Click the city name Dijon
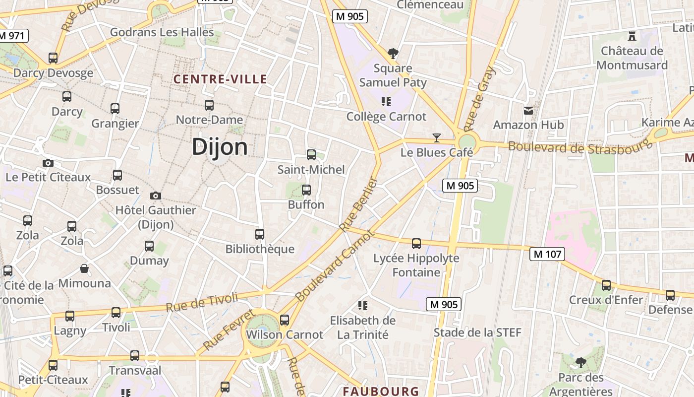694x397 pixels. pyautogui.click(x=220, y=147)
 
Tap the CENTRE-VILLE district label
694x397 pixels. pyautogui.click(x=220, y=79)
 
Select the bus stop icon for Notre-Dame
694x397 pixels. pyautogui.click(x=209, y=105)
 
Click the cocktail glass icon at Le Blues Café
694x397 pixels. pyautogui.click(x=437, y=137)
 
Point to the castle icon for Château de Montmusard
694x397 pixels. pyautogui.click(x=632, y=36)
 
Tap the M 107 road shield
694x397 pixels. pyautogui.click(x=547, y=254)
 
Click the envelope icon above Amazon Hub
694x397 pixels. pyautogui.click(x=528, y=110)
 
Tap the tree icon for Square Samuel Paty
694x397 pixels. pyautogui.click(x=393, y=53)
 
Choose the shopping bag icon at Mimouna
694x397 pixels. pyautogui.click(x=85, y=269)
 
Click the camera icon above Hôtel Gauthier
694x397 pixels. pyautogui.click(x=156, y=196)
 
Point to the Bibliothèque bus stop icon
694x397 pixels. pyautogui.click(x=260, y=234)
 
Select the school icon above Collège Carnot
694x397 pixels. pyautogui.click(x=386, y=102)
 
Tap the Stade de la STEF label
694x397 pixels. pyautogui.click(x=477, y=332)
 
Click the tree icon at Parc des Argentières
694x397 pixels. pyautogui.click(x=580, y=363)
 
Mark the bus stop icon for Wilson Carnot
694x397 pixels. pyautogui.click(x=285, y=320)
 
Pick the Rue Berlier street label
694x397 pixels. pyautogui.click(x=359, y=204)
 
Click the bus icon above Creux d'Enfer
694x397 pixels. pyautogui.click(x=606, y=285)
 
